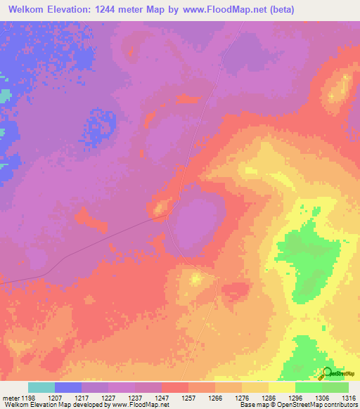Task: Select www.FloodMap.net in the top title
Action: coord(220,10)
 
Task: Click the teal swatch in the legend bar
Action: coord(41,387)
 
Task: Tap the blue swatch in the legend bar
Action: coord(68,387)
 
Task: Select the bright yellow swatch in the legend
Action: coord(281,387)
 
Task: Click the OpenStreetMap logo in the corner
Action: coord(335,372)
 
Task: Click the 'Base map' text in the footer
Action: coord(252,405)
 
